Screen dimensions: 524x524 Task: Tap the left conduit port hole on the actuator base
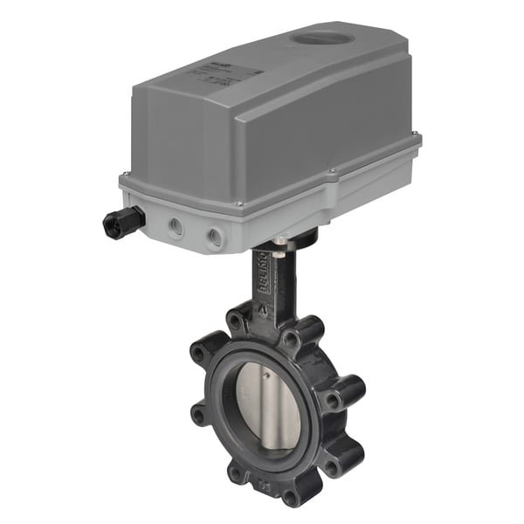(x=177, y=227)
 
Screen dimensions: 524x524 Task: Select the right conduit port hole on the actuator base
(x=214, y=236)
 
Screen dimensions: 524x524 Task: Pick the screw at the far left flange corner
(x=126, y=177)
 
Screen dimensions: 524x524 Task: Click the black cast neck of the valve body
(x=271, y=288)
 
